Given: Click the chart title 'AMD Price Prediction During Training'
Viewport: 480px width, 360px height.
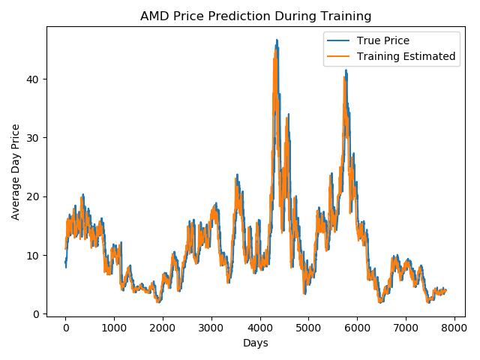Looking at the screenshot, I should click(x=255, y=16).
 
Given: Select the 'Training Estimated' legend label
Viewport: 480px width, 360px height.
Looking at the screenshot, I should click(x=406, y=55).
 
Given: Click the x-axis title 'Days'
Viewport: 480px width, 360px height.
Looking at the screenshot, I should click(x=255, y=343).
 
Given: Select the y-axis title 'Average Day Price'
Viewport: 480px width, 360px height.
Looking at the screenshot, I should click(x=16, y=171).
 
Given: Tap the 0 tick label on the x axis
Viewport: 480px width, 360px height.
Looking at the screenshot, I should click(x=65, y=328).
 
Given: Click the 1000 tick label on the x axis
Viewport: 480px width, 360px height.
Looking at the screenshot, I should click(x=114, y=328).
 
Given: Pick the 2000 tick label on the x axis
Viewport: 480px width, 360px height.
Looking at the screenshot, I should click(x=163, y=328).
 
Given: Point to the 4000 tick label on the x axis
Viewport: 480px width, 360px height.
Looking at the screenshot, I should click(x=259, y=328).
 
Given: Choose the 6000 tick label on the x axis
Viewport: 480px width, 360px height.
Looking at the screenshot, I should click(x=357, y=328).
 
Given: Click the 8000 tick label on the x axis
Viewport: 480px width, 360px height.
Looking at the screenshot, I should click(x=454, y=328).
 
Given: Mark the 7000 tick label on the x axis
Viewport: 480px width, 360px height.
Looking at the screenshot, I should click(x=406, y=328).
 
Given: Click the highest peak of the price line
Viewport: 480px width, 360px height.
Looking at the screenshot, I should click(x=277, y=40).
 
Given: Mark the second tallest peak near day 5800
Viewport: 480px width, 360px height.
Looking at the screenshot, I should click(x=346, y=70).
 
